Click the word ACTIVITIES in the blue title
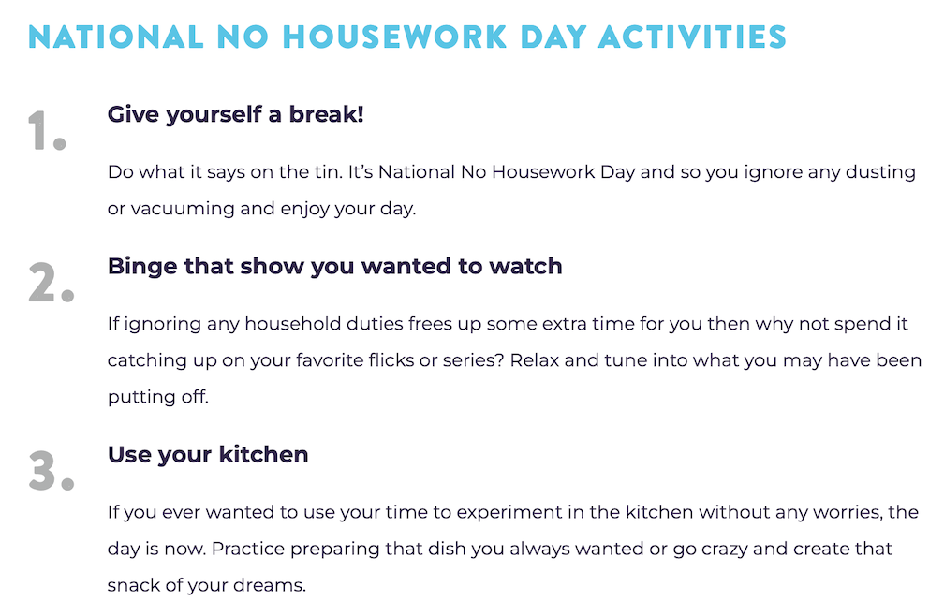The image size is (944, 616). click(692, 37)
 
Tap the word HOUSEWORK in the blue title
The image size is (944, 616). click(395, 37)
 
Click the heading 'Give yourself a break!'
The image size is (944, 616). click(235, 114)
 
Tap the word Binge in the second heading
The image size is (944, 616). click(142, 267)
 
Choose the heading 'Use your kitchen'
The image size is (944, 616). click(208, 454)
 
